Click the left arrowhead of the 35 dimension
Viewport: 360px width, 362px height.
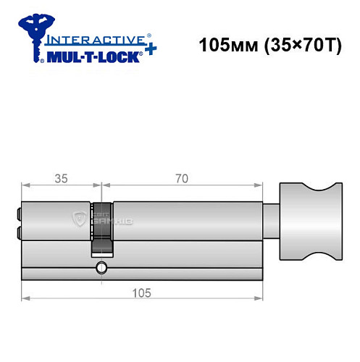coord(25,186)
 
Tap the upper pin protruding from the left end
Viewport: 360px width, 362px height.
coord(17,214)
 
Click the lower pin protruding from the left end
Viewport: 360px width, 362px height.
coord(17,233)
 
